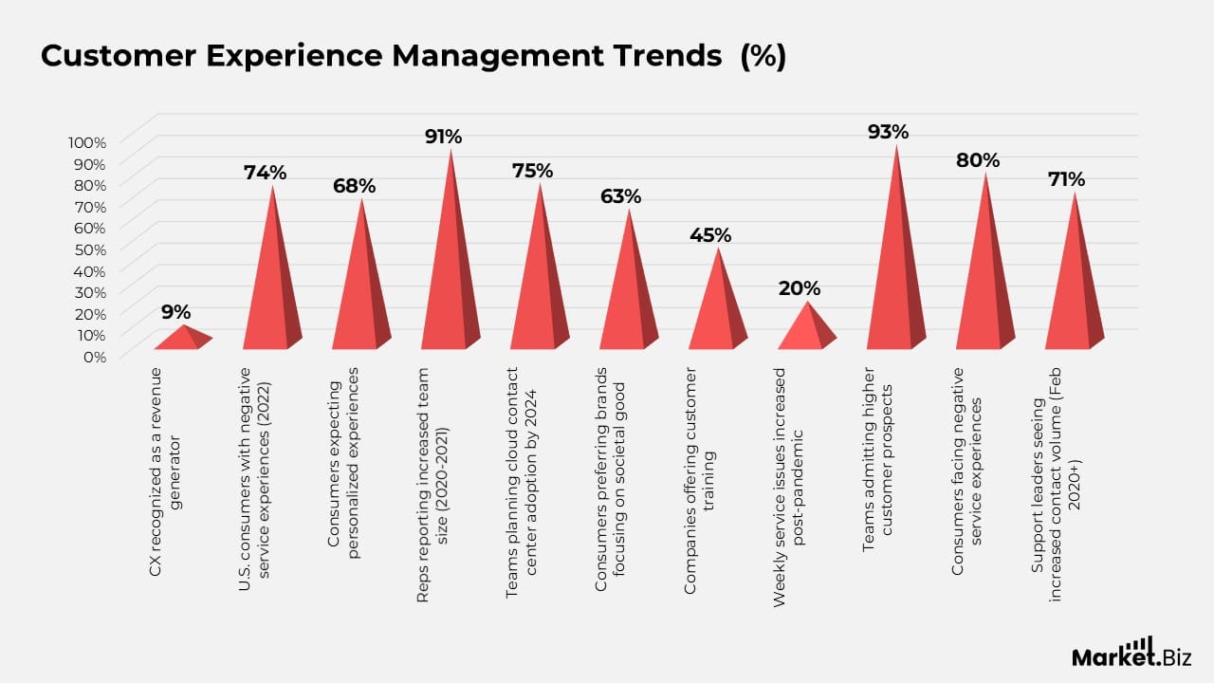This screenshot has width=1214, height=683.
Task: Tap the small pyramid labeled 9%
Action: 183,339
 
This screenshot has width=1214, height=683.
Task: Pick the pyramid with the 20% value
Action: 806,328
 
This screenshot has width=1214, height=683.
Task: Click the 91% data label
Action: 443,137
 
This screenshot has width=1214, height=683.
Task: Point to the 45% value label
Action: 710,234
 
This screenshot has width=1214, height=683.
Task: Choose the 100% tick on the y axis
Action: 87,142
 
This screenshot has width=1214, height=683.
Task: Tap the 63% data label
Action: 620,196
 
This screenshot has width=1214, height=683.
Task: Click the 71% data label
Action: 1066,179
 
